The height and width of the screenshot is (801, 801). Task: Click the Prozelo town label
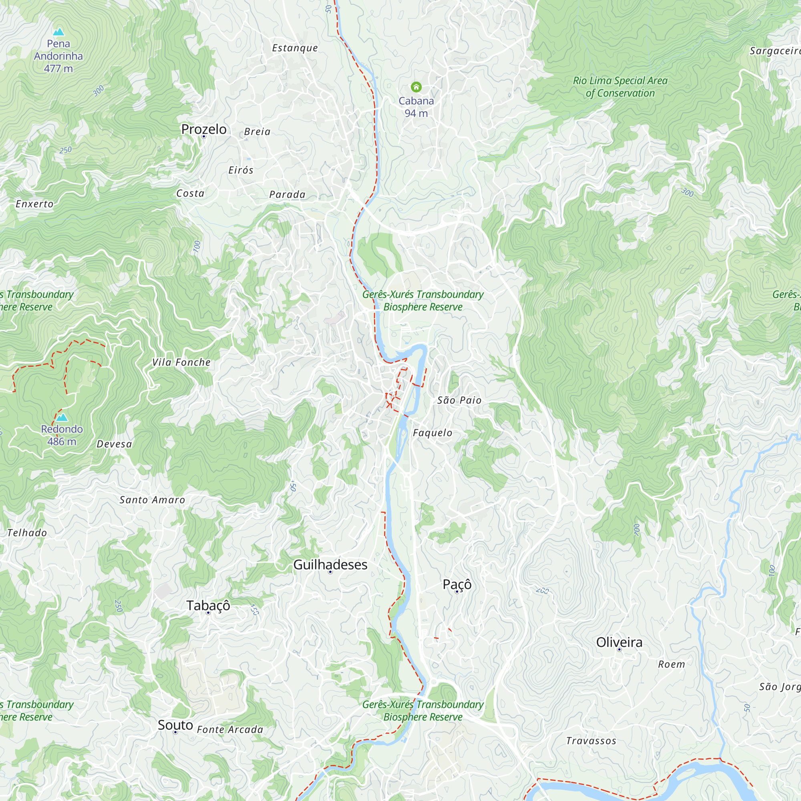tap(203, 129)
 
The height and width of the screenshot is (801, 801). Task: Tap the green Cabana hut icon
tap(416, 87)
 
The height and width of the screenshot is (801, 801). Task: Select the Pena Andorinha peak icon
tap(58, 32)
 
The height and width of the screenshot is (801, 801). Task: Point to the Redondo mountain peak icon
tap(62, 417)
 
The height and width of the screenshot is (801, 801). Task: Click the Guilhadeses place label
tap(330, 565)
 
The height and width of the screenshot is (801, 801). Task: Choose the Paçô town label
tap(457, 584)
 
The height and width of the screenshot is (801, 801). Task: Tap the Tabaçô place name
tap(208, 605)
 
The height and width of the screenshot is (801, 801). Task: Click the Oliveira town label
tap(619, 642)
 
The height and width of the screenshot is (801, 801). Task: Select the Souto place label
tap(175, 725)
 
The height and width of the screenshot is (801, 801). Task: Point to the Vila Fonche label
tap(181, 362)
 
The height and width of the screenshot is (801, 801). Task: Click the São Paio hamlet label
tap(459, 400)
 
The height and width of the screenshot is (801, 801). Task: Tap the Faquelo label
tap(432, 433)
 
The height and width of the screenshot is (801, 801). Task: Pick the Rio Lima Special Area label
tap(620, 87)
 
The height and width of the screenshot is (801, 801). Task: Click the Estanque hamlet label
tap(295, 48)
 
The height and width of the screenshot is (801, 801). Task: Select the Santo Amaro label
tap(152, 500)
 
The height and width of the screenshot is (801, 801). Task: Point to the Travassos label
tap(591, 741)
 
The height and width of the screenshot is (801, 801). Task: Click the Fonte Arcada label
tap(229, 729)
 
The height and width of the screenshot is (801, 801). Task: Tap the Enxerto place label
tap(34, 204)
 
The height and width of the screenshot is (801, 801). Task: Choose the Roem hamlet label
tap(671, 664)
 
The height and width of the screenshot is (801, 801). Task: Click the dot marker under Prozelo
tap(203, 137)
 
